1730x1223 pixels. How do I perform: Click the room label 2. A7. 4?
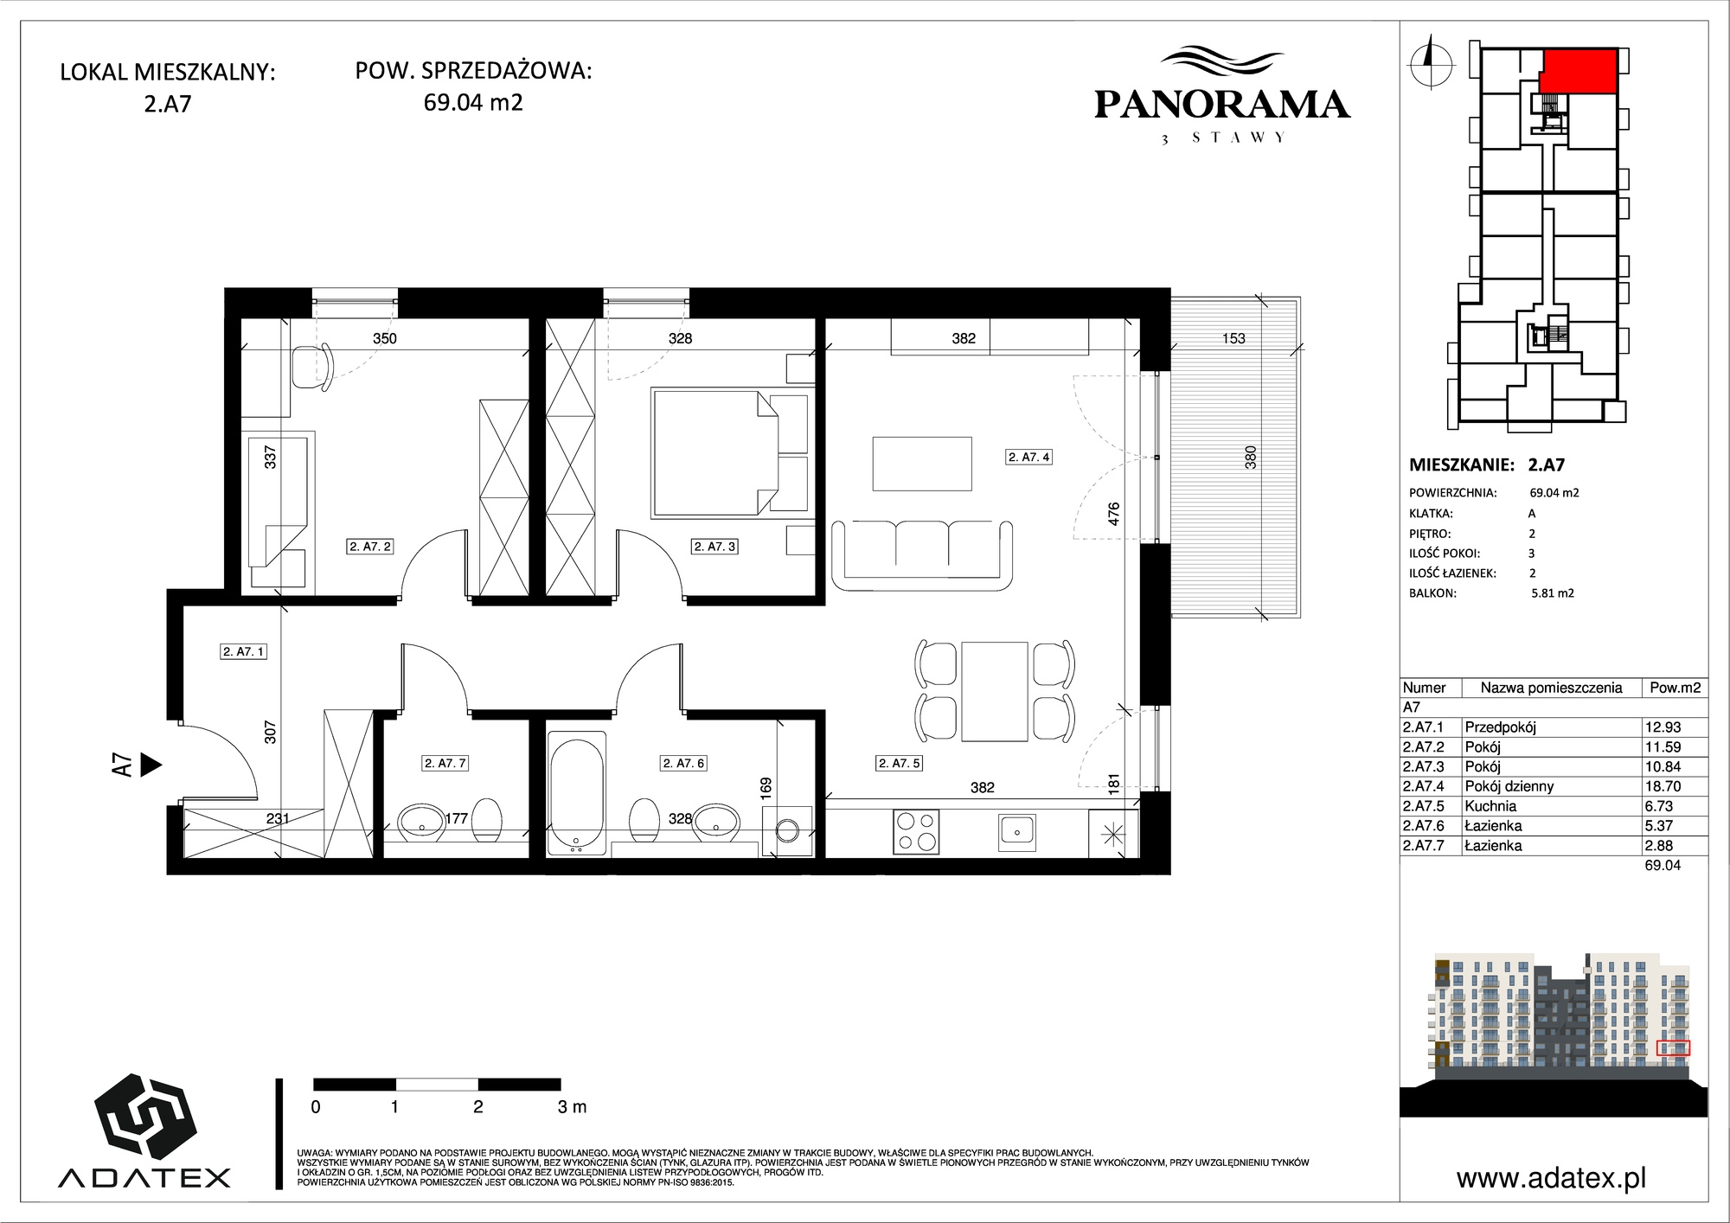pos(1029,457)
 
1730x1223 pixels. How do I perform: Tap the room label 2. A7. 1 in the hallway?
pos(244,651)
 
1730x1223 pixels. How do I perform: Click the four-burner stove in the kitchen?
pos(917,830)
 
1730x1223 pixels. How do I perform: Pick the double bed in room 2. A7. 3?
pos(731,453)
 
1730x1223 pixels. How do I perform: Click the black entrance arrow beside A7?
pos(151,765)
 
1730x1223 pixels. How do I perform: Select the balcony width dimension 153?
pos(1233,338)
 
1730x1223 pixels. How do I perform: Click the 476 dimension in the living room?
pos(1114,514)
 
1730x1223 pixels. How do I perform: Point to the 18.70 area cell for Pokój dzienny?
pos(1662,786)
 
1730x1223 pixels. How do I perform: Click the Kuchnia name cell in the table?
pos(1490,806)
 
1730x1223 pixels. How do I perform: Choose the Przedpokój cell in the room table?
pos(1500,727)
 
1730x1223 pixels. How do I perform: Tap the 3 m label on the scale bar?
pos(572,1106)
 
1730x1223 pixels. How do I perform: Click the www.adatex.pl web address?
pos(1551,1178)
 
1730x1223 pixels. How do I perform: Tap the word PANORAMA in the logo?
pos(1222,105)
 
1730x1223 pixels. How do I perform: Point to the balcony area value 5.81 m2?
pos(1553,593)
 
